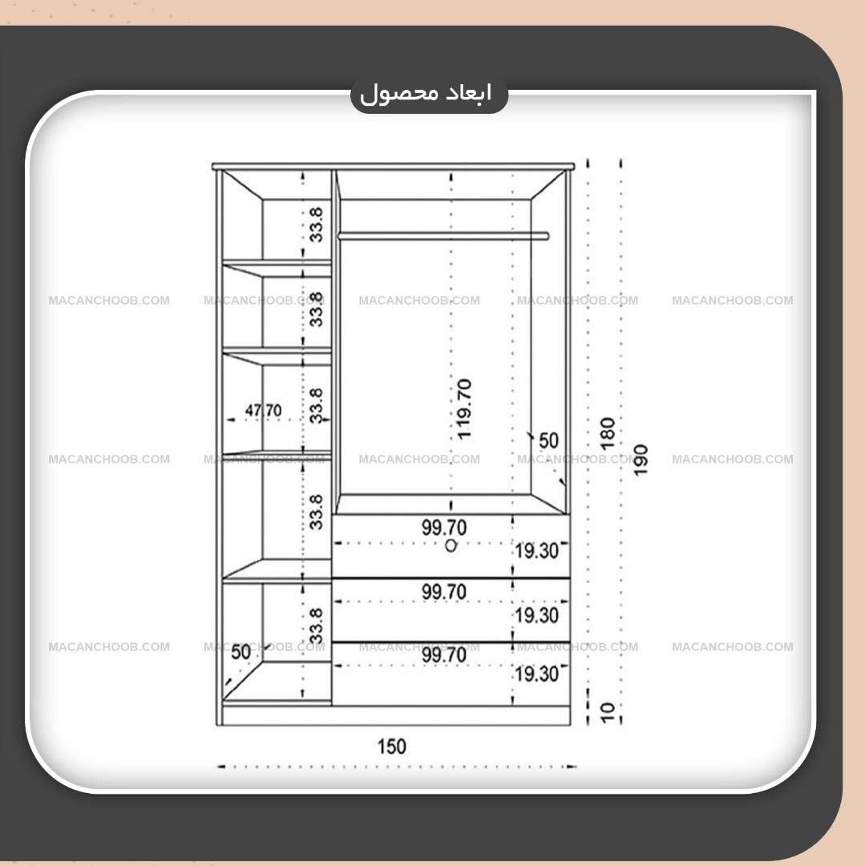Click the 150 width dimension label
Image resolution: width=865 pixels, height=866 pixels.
(391, 747)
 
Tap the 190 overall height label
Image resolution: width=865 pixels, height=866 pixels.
(640, 459)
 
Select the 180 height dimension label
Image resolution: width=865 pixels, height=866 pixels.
(607, 434)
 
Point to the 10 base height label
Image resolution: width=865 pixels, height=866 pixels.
(607, 712)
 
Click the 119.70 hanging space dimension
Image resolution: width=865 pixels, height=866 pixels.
(464, 409)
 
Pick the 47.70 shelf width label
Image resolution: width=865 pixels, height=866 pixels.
(263, 411)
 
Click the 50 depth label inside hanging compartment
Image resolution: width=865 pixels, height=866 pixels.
(548, 441)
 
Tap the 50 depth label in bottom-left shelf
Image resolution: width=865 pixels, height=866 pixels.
(241, 652)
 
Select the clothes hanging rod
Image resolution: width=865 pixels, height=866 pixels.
(443, 236)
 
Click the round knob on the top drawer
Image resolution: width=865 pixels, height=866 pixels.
(451, 546)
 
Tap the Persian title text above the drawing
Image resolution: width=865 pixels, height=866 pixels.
(426, 94)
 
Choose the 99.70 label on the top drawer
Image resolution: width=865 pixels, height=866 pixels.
(444, 528)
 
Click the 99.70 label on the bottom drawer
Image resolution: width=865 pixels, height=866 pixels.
(444, 655)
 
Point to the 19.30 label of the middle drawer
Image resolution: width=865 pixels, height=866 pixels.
(536, 615)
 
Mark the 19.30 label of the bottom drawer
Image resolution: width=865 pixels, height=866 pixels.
(536, 674)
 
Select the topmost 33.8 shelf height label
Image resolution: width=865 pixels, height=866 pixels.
(316, 225)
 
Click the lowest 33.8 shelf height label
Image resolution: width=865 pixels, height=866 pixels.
(316, 625)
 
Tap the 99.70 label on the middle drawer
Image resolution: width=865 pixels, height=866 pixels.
(444, 592)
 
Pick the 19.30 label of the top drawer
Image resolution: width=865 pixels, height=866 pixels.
(536, 551)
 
